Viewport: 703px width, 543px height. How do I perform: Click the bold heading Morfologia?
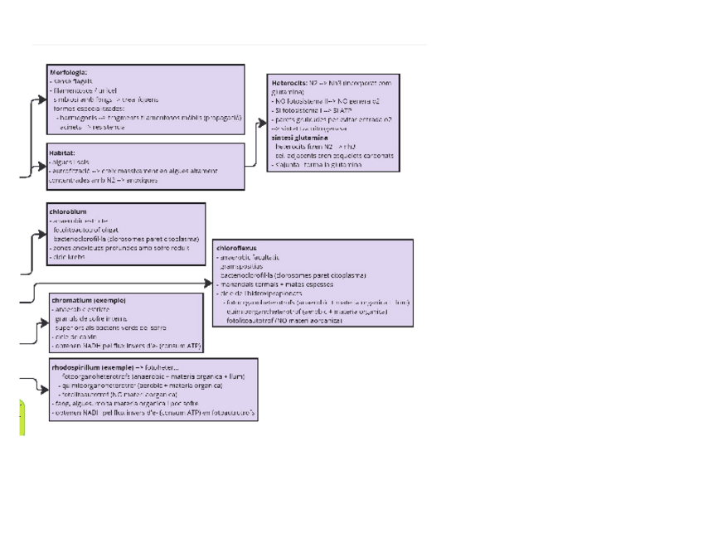pos(68,72)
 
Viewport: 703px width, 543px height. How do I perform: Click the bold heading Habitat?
pos(62,153)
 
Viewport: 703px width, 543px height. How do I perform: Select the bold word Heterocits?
pos(289,83)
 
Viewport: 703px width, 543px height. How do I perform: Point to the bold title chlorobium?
pos(69,212)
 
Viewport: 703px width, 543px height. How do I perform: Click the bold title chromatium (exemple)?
pos(89,299)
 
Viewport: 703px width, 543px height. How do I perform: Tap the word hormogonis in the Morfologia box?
pos(80,119)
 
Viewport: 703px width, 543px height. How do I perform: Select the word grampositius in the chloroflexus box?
pos(239,266)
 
